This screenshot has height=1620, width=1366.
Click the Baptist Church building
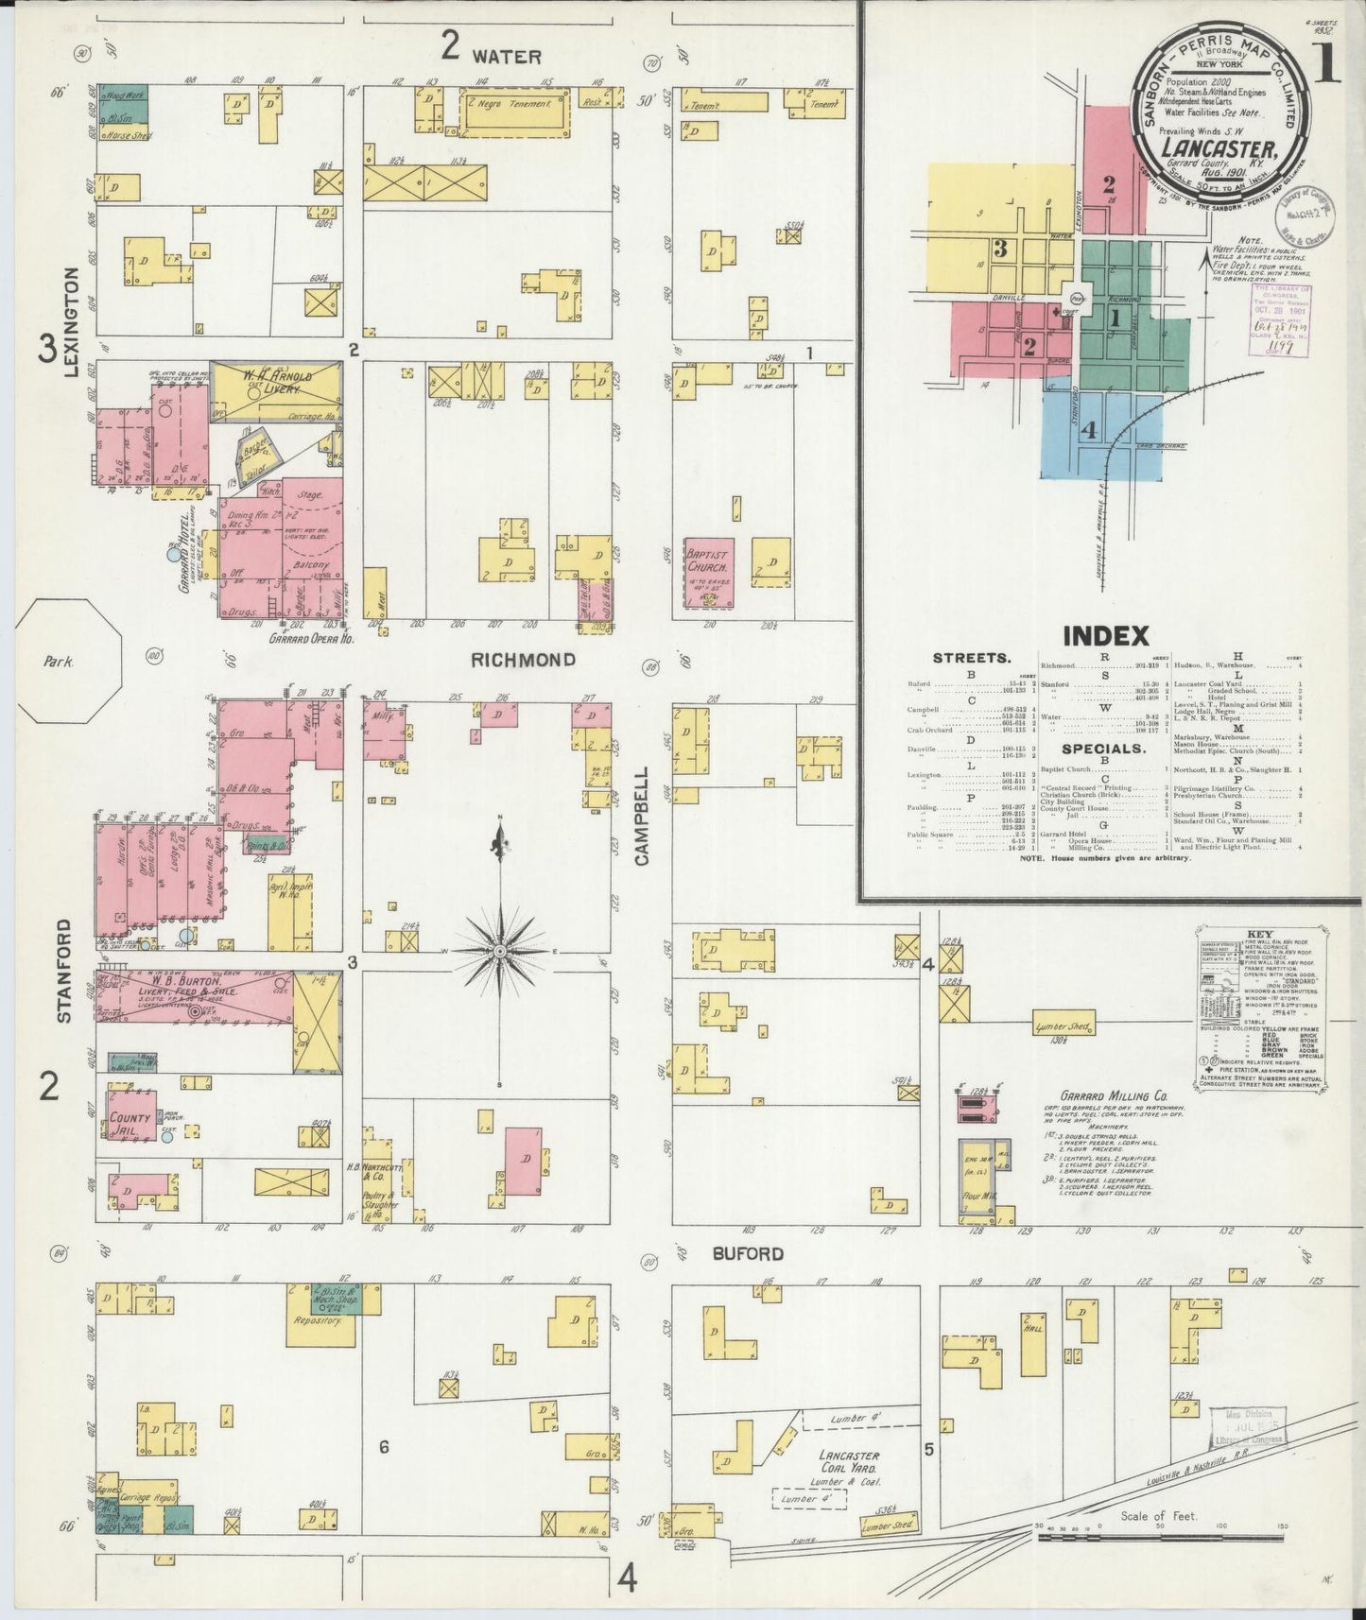tap(709, 574)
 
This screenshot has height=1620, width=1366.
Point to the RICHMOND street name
tap(523, 659)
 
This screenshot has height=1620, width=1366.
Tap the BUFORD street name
tap(748, 1253)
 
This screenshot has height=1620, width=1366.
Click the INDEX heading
tap(1106, 634)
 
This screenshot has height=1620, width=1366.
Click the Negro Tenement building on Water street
tap(515, 104)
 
